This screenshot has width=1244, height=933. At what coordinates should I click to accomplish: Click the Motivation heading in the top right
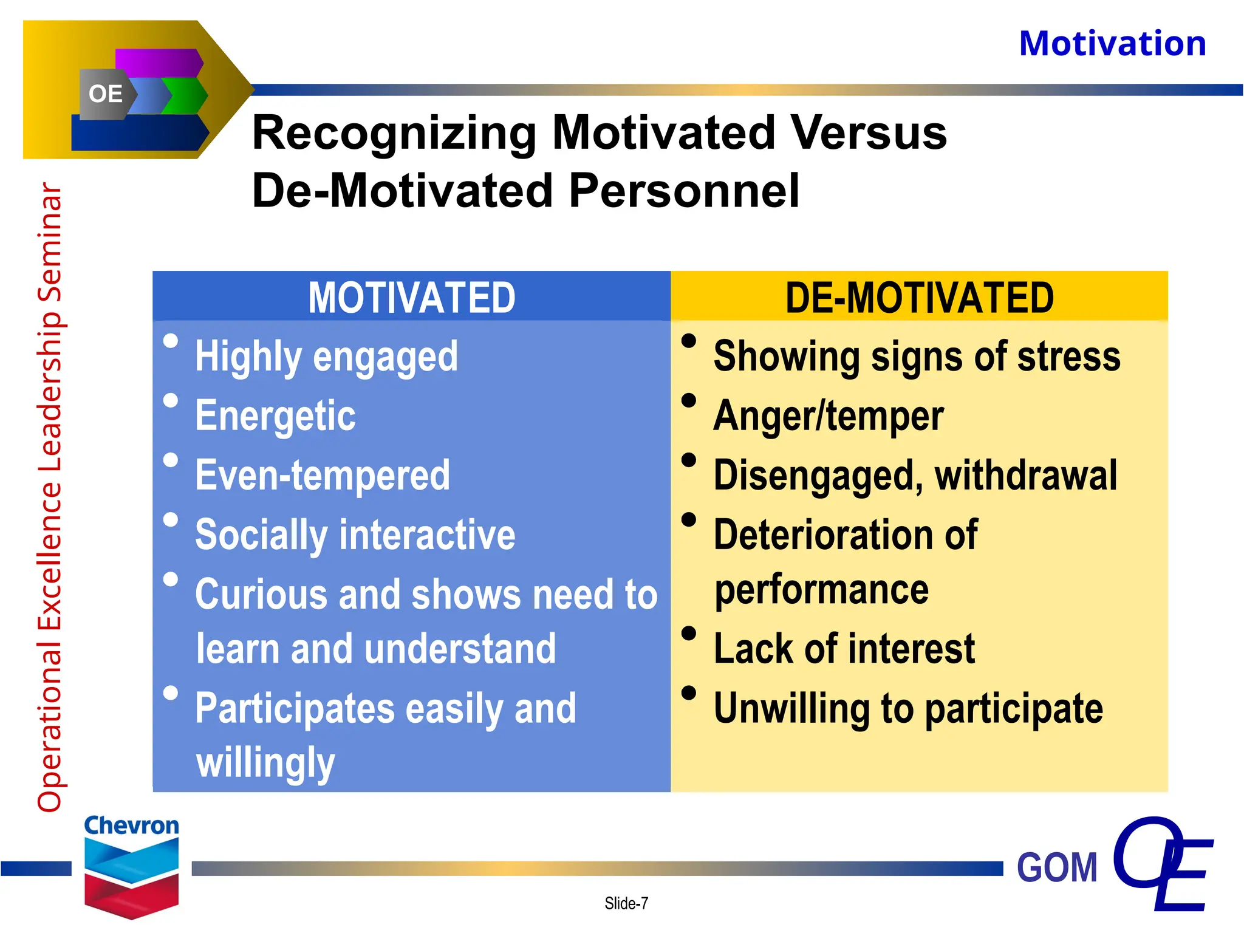[x=1112, y=44]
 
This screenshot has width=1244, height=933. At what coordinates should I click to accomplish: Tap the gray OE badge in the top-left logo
[x=105, y=94]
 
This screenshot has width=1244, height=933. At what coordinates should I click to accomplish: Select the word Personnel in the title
[x=683, y=191]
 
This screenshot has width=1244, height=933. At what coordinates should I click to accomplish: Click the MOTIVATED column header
[x=411, y=298]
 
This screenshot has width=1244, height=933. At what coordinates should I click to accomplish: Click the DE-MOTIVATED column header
[x=919, y=298]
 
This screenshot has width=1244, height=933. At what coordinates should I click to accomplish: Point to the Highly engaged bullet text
[x=326, y=357]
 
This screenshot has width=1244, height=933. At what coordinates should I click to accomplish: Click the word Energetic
[x=275, y=416]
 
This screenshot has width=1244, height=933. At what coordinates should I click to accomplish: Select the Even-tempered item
[x=323, y=476]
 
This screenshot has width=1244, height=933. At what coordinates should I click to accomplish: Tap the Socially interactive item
[x=355, y=535]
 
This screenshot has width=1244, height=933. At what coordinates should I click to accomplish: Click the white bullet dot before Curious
[x=171, y=579]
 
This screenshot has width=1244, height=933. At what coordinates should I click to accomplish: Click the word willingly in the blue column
[x=265, y=763]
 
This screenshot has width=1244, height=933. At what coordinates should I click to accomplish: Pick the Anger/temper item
[x=828, y=416]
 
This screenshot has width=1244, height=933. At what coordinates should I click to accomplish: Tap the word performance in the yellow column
[x=821, y=590]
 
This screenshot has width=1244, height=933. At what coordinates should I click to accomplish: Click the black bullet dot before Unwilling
[x=689, y=692]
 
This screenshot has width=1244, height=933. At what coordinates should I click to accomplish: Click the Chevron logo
[x=131, y=866]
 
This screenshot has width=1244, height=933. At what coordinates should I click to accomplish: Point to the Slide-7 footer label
[x=626, y=904]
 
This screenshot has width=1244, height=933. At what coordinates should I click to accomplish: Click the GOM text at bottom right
[x=1057, y=867]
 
